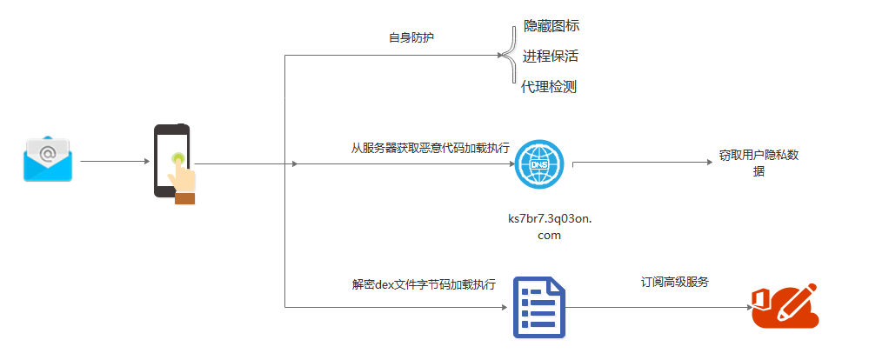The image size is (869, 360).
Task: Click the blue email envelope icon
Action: click(48, 158)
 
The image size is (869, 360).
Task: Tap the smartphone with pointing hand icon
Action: click(174, 163)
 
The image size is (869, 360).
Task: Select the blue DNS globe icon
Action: click(538, 163)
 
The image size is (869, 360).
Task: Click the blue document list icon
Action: click(538, 307)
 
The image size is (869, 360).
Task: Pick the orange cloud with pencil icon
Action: click(785, 305)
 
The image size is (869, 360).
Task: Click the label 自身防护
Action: click(411, 38)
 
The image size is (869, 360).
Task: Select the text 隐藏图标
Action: click(551, 26)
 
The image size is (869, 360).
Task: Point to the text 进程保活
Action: click(551, 57)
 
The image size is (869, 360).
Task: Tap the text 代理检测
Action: click(549, 86)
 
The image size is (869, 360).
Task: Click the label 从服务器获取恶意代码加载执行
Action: click(430, 148)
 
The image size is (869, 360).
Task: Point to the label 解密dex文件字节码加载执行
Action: click(424, 283)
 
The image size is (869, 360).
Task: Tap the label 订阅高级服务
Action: click(675, 282)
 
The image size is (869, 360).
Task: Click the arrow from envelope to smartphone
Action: click(113, 162)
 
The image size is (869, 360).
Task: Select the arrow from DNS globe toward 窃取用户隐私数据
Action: click(644, 162)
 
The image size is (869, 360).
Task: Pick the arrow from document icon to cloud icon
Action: click(661, 307)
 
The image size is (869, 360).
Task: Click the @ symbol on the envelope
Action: click(48, 153)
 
